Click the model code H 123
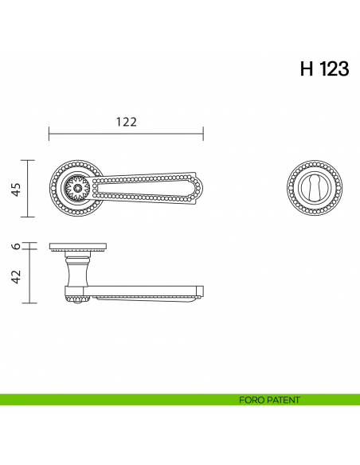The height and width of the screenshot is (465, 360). pos(324,69)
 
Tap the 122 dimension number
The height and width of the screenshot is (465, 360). pos(127,122)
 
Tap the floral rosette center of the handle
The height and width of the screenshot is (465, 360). pos(77,189)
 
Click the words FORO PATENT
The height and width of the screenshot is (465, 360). pos(268,400)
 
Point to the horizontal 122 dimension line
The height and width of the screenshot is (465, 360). pos(127,132)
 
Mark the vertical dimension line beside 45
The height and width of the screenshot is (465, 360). pos(29,188)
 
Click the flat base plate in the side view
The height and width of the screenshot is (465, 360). pos(77,246)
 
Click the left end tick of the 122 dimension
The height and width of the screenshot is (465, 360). pos(49,132)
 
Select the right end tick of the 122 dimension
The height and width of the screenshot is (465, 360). pos(204,132)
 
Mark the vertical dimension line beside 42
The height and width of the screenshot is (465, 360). pos(29,276)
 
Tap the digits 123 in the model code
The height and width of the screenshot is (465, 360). pos(335,69)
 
